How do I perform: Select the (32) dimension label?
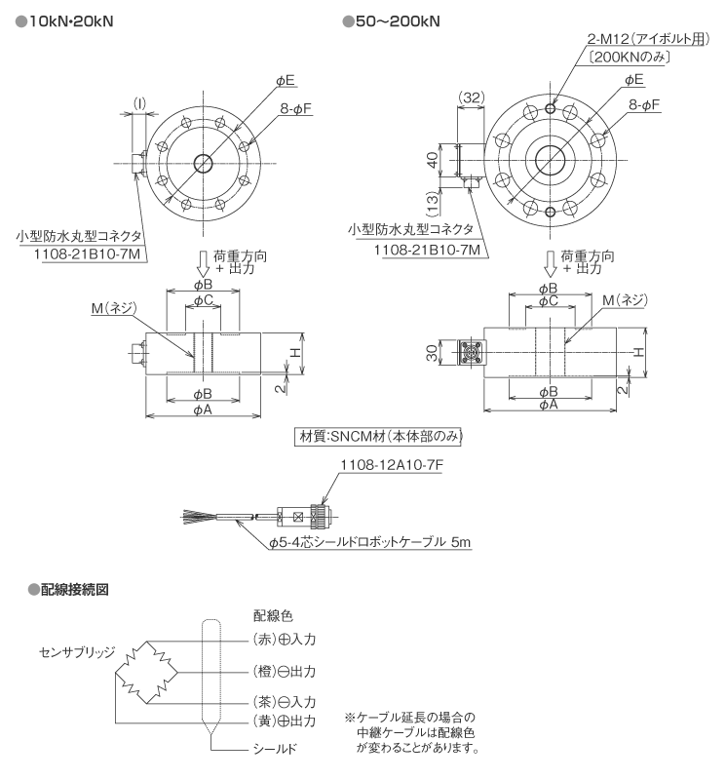470,97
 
